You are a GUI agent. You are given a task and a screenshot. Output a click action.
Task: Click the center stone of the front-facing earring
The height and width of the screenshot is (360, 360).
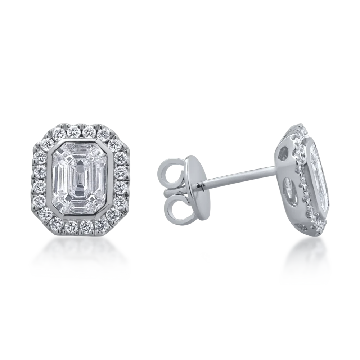(x=80, y=179)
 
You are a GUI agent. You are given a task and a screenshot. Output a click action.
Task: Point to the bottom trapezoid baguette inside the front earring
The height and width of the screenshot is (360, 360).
(x=80, y=206)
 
